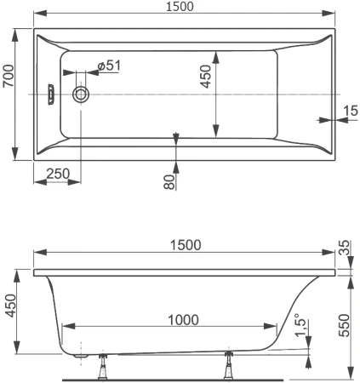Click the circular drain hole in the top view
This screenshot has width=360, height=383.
point(83,94)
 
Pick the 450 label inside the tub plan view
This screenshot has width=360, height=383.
point(204,78)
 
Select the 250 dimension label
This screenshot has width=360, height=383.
point(59,173)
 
